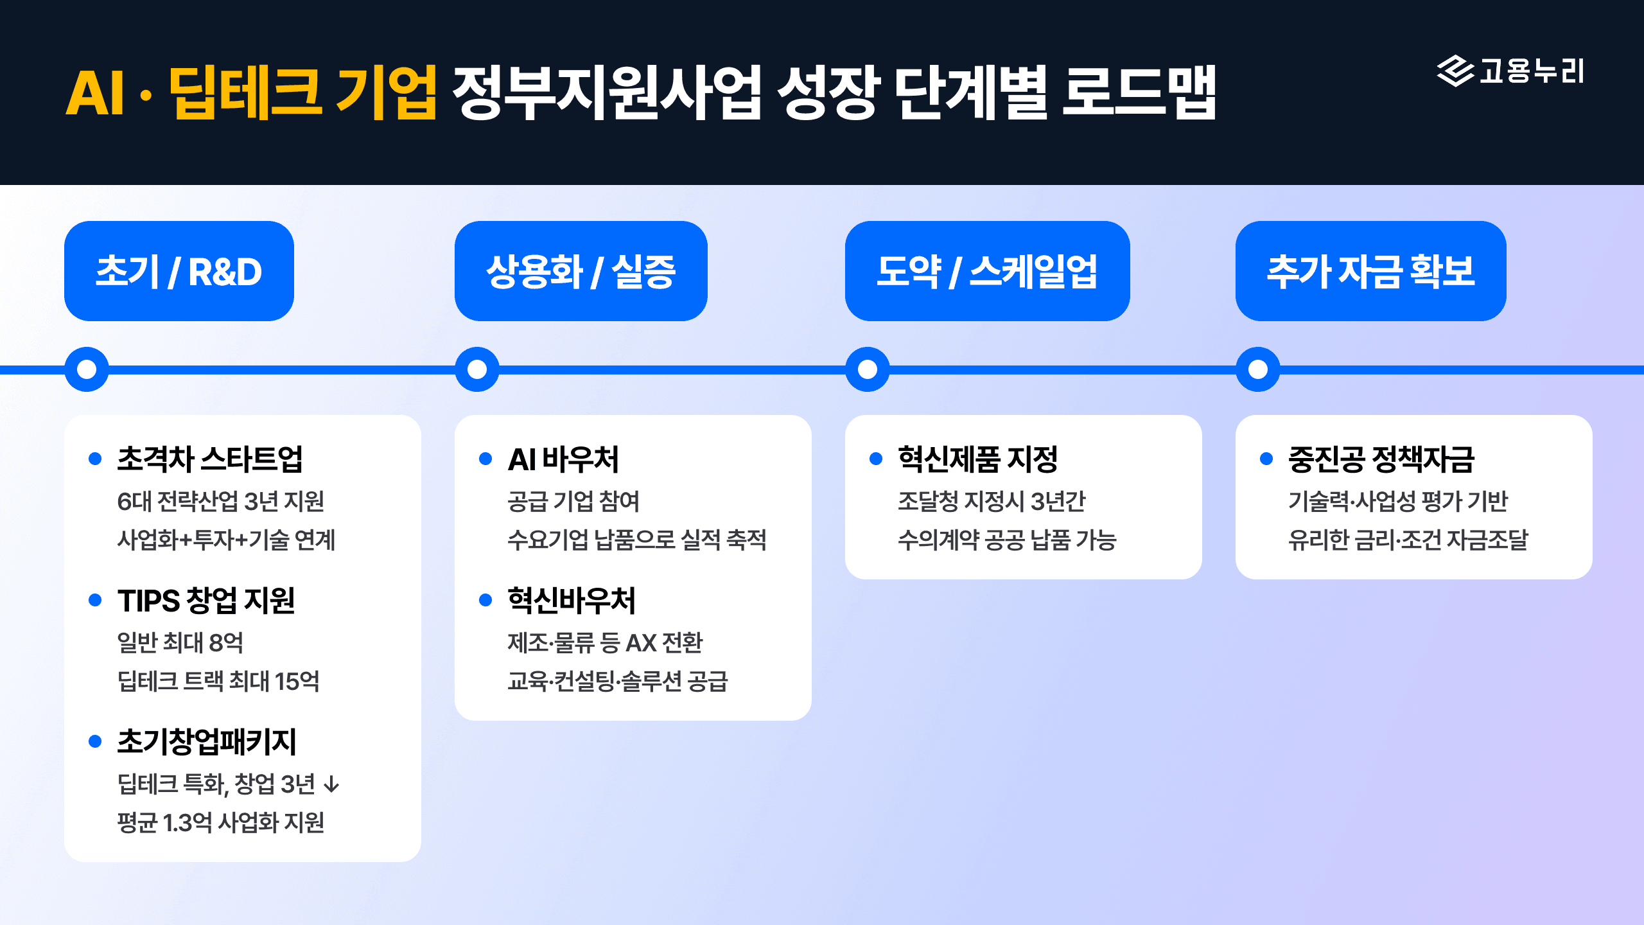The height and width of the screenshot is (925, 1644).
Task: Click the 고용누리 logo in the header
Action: click(1510, 71)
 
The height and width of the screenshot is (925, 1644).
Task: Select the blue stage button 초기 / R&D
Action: click(179, 271)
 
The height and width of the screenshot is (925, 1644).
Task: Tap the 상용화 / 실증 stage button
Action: click(581, 271)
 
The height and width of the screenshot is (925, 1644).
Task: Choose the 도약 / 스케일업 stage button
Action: click(987, 271)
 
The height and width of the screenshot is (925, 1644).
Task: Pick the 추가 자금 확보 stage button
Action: click(1370, 271)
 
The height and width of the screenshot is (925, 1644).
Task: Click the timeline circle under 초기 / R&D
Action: click(87, 369)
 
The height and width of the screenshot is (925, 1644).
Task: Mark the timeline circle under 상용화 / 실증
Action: click(477, 369)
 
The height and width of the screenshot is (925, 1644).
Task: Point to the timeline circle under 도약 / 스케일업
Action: click(868, 369)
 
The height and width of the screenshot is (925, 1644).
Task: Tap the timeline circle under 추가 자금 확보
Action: click(1258, 369)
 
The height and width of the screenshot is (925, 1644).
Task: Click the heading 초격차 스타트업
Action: click(209, 459)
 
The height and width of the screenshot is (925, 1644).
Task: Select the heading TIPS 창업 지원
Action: click(205, 601)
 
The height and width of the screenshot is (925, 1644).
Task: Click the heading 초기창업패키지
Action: click(206, 742)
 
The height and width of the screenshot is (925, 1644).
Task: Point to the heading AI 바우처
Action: click(563, 459)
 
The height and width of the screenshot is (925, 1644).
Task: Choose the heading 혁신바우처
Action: click(571, 601)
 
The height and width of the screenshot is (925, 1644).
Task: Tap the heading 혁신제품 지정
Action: click(977, 459)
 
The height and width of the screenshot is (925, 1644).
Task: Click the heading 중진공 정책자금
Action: click(1381, 459)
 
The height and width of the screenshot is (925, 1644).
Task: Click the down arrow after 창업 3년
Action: click(331, 784)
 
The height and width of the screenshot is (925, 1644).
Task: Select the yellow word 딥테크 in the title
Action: click(245, 93)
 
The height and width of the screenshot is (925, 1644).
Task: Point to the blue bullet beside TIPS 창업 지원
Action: click(95, 600)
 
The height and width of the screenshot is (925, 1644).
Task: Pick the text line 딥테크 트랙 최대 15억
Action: click(218, 681)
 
